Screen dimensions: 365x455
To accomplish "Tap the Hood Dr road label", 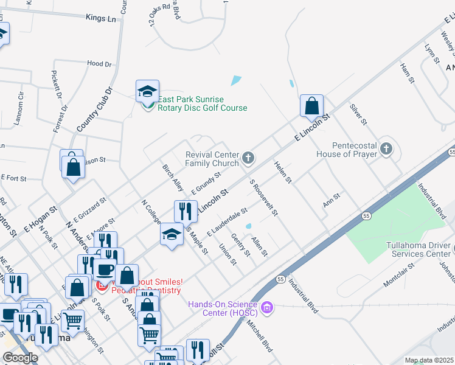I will tap(99, 63).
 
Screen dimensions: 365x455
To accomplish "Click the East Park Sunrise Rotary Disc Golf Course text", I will tap(203, 103).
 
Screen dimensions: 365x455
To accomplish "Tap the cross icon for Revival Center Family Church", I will tap(248, 158).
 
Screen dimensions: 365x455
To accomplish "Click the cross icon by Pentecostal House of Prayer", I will tap(386, 150).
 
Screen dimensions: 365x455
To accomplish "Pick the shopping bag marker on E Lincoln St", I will tap(311, 106).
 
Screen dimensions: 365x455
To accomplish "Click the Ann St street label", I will tap(332, 200).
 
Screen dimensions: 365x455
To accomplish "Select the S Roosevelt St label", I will tap(264, 197).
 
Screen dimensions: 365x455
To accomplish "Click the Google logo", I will tap(20, 358).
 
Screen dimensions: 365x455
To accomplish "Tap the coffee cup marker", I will tap(104, 269).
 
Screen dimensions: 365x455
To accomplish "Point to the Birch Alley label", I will tap(172, 176).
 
